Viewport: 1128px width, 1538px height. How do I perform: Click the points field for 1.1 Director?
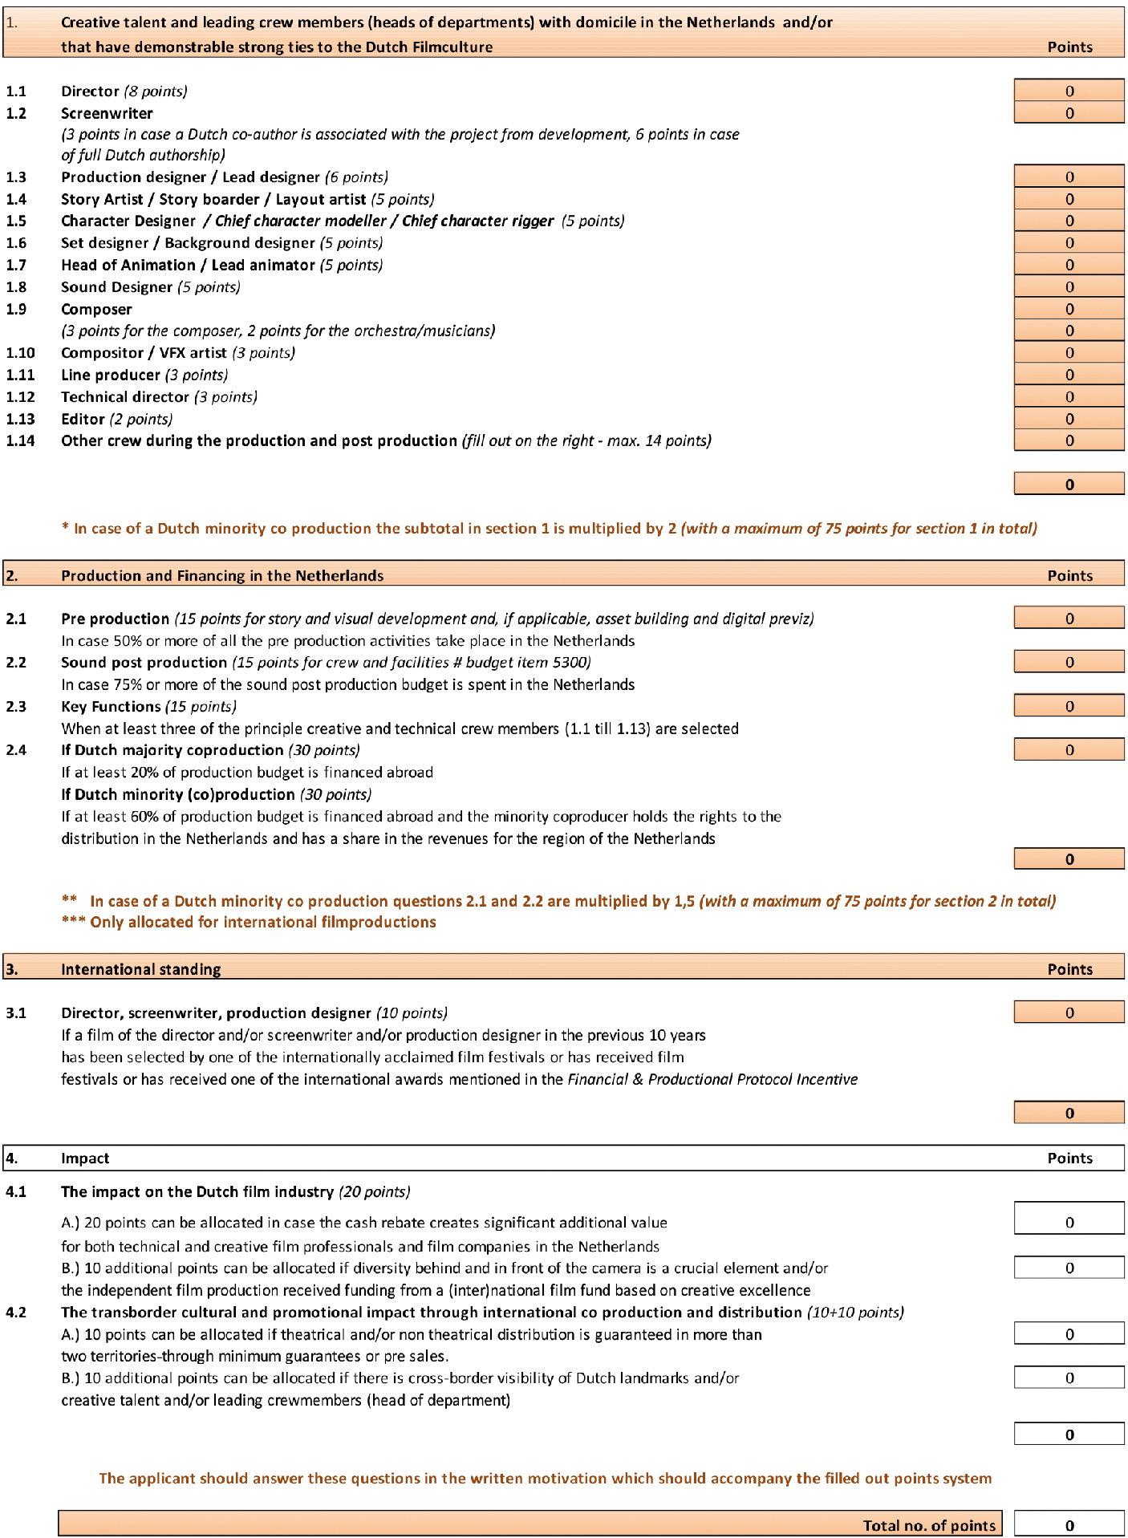point(1068,91)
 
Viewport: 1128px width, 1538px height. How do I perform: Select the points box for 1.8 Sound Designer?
point(1068,286)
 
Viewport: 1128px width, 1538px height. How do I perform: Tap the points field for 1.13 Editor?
point(1068,418)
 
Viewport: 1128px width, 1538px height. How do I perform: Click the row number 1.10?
point(20,352)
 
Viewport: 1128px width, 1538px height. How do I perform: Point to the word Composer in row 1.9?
point(96,309)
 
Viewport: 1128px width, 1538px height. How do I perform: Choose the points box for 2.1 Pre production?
point(1068,618)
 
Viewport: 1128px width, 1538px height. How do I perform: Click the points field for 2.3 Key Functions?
point(1068,706)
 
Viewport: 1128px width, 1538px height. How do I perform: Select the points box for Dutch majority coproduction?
point(1068,749)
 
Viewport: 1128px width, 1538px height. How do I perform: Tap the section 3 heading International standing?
point(140,968)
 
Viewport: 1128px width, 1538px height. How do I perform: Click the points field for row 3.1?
point(1068,1012)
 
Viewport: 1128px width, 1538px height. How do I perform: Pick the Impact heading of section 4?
point(85,1158)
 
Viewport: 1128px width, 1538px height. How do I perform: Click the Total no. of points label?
point(928,1525)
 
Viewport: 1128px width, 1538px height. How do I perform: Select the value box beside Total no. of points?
point(1068,1525)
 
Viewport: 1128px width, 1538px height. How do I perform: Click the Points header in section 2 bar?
point(1069,575)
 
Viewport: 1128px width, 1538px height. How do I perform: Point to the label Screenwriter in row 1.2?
point(107,113)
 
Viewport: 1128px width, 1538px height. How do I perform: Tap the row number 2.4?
point(16,749)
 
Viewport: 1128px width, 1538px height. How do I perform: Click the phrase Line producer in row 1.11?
point(111,375)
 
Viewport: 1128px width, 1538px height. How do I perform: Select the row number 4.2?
point(16,1312)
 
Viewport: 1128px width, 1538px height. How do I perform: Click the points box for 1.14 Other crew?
point(1068,440)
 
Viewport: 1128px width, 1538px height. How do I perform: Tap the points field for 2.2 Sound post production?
point(1068,662)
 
